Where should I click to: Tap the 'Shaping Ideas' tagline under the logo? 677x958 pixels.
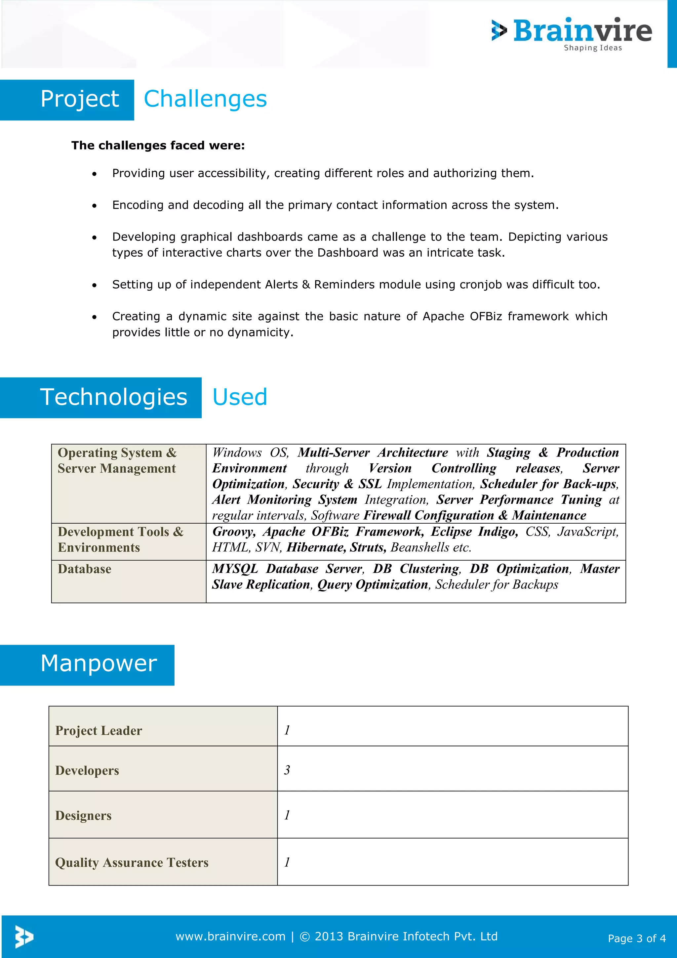click(592, 48)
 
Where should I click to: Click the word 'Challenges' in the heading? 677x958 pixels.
click(205, 99)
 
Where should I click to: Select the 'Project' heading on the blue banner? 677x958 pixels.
click(80, 99)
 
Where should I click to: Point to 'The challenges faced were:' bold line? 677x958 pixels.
click(158, 146)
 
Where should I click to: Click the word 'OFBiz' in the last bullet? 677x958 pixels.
click(486, 316)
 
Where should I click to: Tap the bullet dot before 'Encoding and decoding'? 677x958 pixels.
click(95, 206)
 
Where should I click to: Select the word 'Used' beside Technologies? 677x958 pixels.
click(240, 397)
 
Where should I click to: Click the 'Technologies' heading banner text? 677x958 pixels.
click(113, 397)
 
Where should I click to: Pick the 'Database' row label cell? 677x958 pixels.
click(85, 569)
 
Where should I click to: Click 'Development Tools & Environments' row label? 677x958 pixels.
click(120, 540)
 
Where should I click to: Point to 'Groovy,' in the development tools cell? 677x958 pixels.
click(233, 532)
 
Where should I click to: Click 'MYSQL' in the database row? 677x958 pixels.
click(235, 569)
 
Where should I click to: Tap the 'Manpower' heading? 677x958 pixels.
click(99, 664)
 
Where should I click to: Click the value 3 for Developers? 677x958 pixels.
click(287, 770)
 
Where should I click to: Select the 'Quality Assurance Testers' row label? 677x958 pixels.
click(132, 862)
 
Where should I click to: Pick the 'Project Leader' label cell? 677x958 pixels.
click(99, 731)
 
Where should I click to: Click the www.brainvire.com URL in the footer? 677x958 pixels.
click(230, 937)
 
